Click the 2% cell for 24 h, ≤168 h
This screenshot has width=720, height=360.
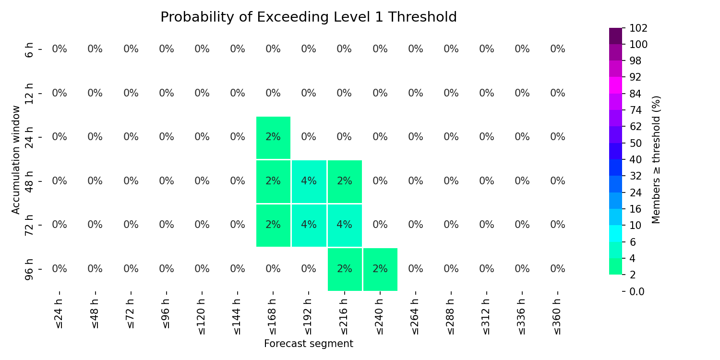click(x=273, y=138)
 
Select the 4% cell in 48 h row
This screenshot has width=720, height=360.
click(x=309, y=181)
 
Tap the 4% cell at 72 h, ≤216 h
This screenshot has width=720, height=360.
click(x=345, y=225)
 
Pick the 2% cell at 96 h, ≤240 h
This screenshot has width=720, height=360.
click(x=380, y=269)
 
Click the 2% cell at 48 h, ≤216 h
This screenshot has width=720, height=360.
click(x=345, y=181)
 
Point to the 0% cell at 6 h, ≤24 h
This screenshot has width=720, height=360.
click(x=60, y=49)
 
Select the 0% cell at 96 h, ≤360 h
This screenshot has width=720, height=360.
click(x=558, y=269)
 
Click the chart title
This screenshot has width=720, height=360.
click(x=309, y=17)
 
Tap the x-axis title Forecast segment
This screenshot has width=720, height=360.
click(x=309, y=344)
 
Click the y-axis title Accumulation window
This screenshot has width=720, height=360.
click(x=16, y=160)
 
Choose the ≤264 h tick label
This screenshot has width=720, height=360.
click(x=415, y=317)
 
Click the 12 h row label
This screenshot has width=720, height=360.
click(x=29, y=94)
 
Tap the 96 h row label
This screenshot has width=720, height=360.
click(x=29, y=269)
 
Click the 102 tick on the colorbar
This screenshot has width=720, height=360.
click(x=638, y=28)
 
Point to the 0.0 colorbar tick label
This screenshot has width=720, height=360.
click(x=637, y=291)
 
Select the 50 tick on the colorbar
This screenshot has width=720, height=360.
click(x=636, y=144)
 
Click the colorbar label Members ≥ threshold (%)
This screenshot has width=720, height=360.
click(x=656, y=160)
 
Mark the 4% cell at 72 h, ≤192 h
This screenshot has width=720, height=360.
click(x=309, y=225)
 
